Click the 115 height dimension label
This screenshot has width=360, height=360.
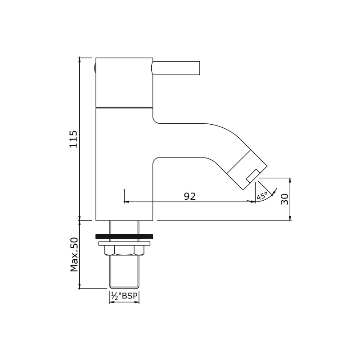pyautogui.click(x=74, y=139)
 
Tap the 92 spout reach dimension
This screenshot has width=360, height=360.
pyautogui.click(x=190, y=196)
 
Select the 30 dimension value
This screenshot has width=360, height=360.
pyautogui.click(x=284, y=199)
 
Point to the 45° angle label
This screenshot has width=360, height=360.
pyautogui.click(x=262, y=196)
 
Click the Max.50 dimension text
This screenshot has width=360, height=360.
pyautogui.click(x=74, y=255)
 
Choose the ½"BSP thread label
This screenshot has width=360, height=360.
pyautogui.click(x=125, y=296)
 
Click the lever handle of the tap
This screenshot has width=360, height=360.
pyautogui.click(x=175, y=68)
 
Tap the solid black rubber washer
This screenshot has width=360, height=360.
pyautogui.click(x=124, y=236)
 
